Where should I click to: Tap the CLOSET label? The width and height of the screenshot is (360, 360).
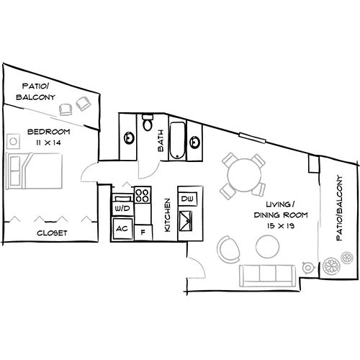[x=52, y=233]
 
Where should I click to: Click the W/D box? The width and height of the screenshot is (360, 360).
[x=121, y=209]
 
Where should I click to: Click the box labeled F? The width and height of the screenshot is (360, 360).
[x=143, y=232]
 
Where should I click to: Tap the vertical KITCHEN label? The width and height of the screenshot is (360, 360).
[x=166, y=215]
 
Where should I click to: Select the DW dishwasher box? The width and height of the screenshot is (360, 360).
[x=186, y=198]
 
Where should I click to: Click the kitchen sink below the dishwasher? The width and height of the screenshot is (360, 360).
[x=187, y=220]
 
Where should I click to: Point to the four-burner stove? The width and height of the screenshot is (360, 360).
[x=142, y=194]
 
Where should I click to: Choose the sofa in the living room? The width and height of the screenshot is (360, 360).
[x=266, y=274]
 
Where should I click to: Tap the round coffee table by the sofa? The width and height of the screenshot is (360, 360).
[x=267, y=248]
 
